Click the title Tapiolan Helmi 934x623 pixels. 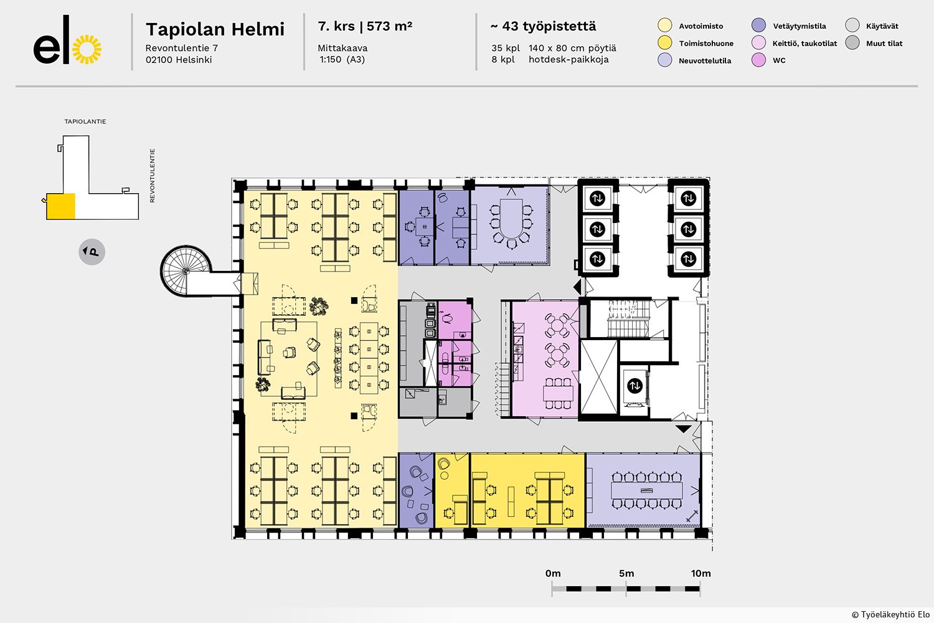pos(215,29)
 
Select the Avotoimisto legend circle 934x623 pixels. pos(664,26)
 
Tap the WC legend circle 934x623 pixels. pos(758,60)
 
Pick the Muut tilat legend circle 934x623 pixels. pos(852,42)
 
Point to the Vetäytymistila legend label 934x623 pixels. pos(800,26)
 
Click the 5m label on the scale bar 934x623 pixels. pos(626,573)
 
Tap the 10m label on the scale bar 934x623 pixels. pos(700,573)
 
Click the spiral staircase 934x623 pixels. pos(186,271)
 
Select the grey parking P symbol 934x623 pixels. pos(92,252)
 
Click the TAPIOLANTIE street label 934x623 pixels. pos(85,121)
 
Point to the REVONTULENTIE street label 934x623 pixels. pos(152,176)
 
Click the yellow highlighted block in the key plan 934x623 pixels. pos(61,206)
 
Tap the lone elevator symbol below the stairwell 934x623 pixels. pos(634,386)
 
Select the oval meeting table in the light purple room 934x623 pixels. pos(511,219)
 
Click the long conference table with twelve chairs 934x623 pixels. pos(647,490)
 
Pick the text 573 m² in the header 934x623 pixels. pos(389,26)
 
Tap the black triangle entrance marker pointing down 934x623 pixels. pos(684,429)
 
